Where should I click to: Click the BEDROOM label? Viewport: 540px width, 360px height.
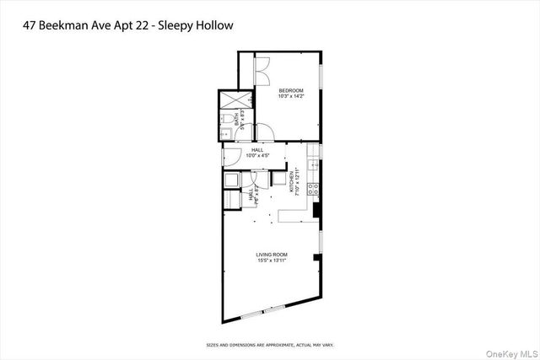coord(291,90)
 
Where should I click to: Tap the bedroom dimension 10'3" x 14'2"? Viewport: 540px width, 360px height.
coord(291,97)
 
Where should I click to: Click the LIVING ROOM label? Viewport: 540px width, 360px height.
coord(272,254)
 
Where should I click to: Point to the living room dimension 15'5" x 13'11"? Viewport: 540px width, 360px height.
coord(272,261)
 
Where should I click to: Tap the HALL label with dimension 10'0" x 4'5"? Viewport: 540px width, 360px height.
coord(256,149)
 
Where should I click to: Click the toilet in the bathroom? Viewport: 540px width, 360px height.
coord(228,118)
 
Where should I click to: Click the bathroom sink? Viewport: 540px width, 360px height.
coord(226,135)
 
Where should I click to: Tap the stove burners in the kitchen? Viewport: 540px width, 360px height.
coord(313,188)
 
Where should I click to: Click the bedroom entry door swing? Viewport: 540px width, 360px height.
coord(264,131)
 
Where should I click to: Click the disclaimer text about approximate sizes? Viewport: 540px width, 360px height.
coord(270,344)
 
